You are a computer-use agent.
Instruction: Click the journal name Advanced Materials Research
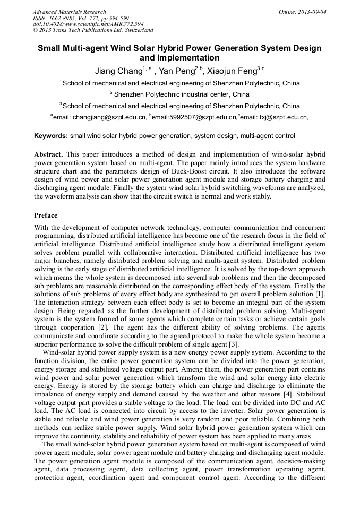coord(69,12)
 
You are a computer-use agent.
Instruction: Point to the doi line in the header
coord(88,24)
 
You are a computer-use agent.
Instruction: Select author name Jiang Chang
coord(118,71)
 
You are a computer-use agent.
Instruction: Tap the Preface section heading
coord(46,215)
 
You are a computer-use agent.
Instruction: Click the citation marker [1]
coord(320,294)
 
